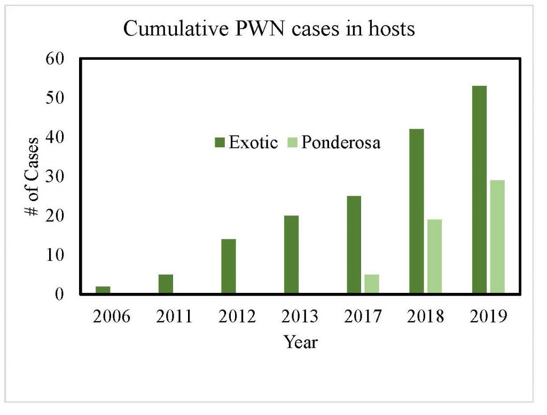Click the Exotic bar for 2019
coord(479,190)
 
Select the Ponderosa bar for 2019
coord(497,237)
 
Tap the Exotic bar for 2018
coord(417,211)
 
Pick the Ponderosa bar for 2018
coord(435,257)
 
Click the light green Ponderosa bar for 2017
coord(372,284)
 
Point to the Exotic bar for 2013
coord(291,254)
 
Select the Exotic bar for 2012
coord(229,266)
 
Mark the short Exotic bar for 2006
coord(103,290)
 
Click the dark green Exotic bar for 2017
coord(354,245)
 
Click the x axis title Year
coord(300,341)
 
